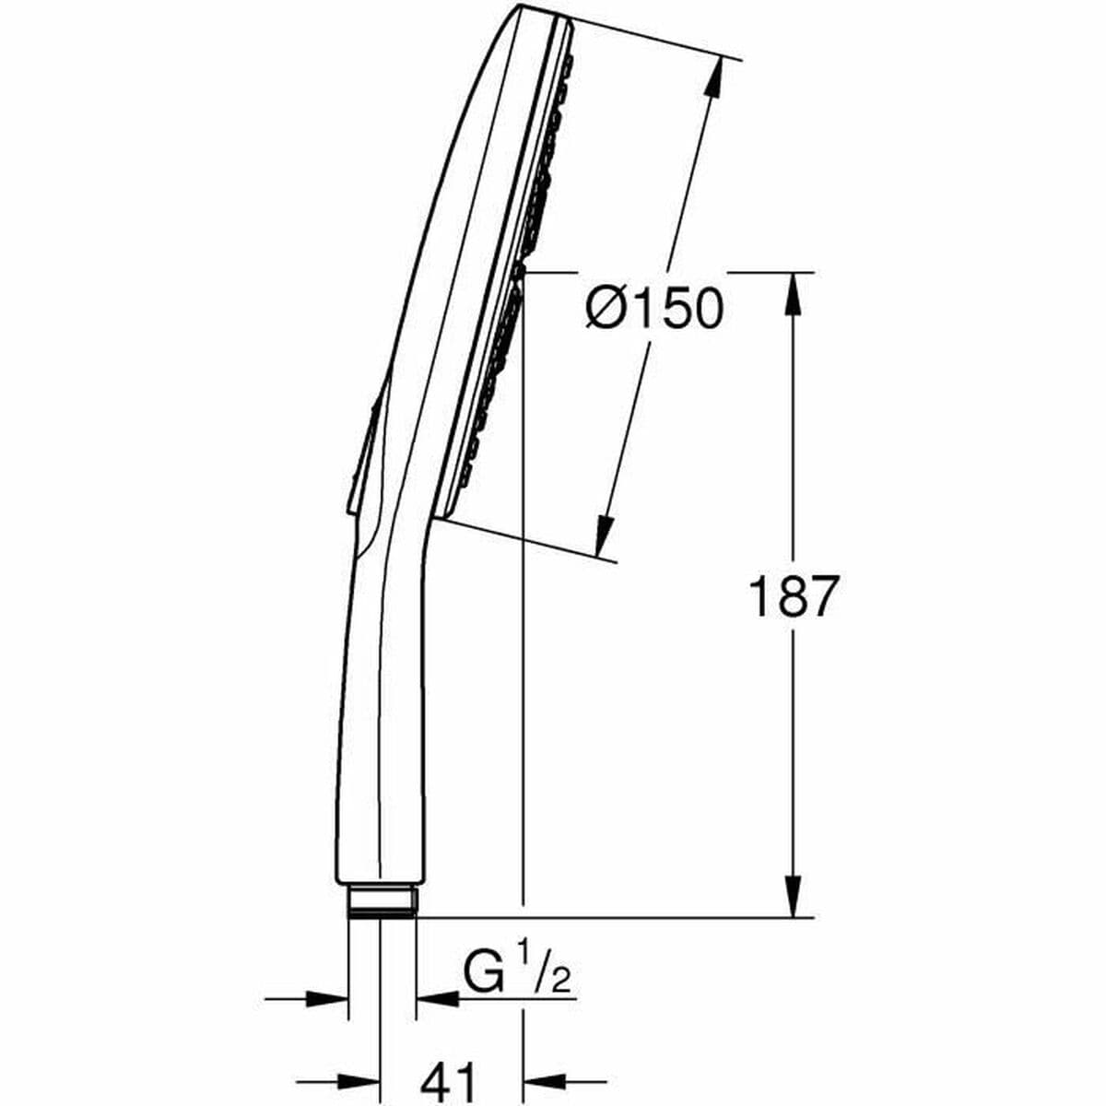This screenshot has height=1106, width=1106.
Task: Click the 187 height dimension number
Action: [792, 596]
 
